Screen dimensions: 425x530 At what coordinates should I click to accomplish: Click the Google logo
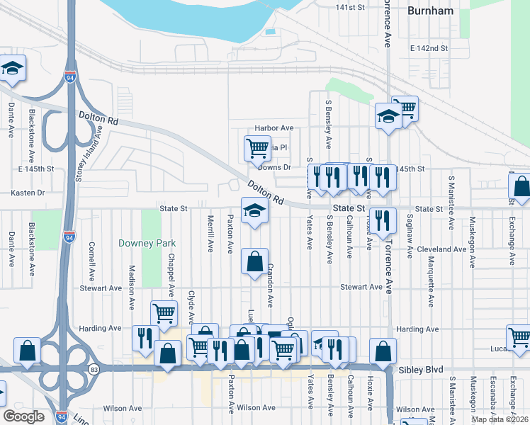point(23,416)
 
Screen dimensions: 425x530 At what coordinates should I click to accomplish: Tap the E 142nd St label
point(429,48)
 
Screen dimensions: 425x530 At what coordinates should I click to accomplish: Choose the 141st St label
point(350,7)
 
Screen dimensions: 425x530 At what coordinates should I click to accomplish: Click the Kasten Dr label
point(28,193)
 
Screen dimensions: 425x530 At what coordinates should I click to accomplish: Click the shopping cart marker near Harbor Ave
point(257,149)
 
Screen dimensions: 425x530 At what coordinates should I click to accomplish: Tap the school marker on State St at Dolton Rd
point(255,210)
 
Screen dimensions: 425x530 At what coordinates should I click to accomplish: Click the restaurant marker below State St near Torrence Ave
point(383,221)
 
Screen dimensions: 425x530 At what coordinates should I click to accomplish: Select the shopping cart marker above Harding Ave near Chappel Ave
point(164,312)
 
